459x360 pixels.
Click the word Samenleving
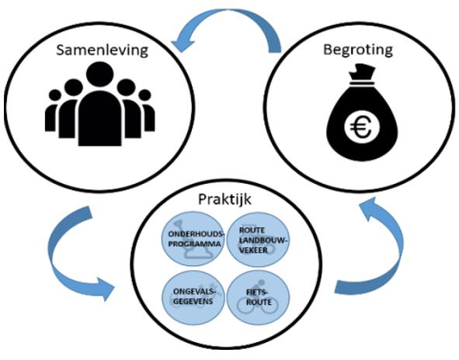point(103,50)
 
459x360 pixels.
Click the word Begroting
point(358,50)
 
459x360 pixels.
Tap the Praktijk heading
point(224,199)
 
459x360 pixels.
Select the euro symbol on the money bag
point(361,127)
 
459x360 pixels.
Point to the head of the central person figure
point(100,74)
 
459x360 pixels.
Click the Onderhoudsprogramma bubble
point(193,239)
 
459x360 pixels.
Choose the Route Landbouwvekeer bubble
point(258,240)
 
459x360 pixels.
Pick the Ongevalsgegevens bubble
point(193,298)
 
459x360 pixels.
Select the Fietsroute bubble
point(258,297)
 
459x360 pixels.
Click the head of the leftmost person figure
point(54,95)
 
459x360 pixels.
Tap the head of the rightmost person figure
point(144,95)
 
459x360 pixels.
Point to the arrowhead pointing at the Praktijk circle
point(104,289)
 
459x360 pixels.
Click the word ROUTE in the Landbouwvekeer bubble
point(252,230)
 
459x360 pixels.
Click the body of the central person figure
point(100,119)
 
